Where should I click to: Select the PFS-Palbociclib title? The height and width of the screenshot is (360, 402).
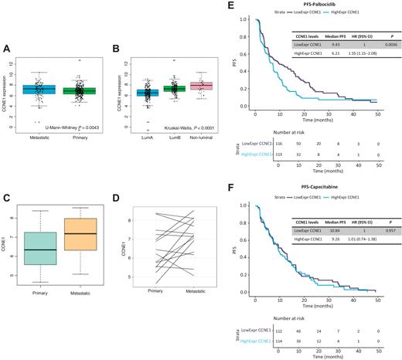pos(301,5)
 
